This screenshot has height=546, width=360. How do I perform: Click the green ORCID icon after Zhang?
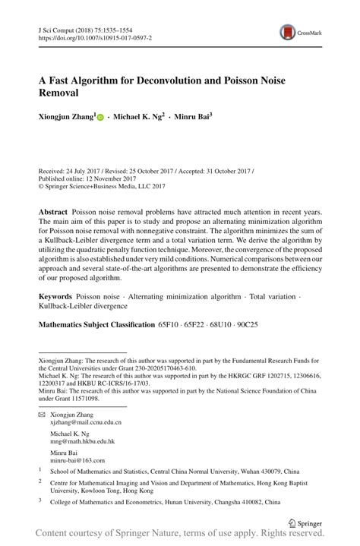[x=100, y=119]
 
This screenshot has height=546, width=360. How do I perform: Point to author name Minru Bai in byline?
[x=191, y=118]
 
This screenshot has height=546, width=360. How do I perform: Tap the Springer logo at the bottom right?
[x=308, y=522]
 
